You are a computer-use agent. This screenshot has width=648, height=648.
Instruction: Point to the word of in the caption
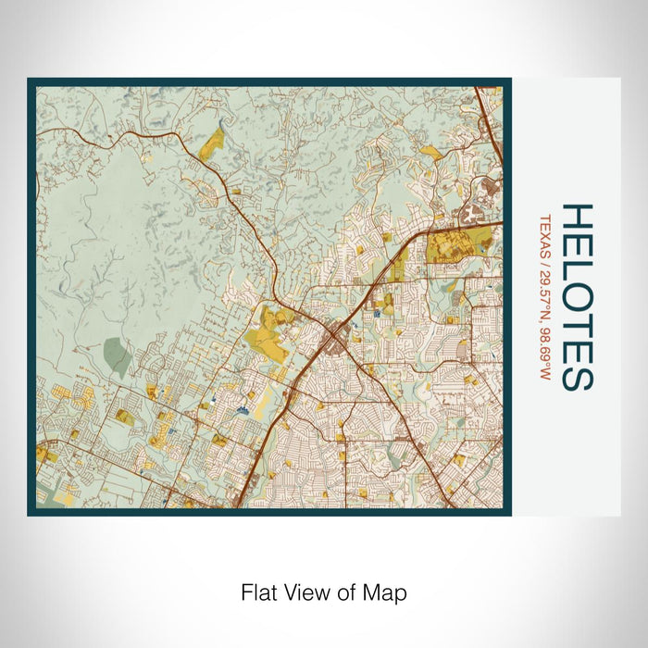(349, 592)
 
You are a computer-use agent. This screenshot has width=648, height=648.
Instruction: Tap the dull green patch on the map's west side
(117, 356)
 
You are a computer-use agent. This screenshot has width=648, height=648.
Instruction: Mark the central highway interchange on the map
(330, 344)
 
